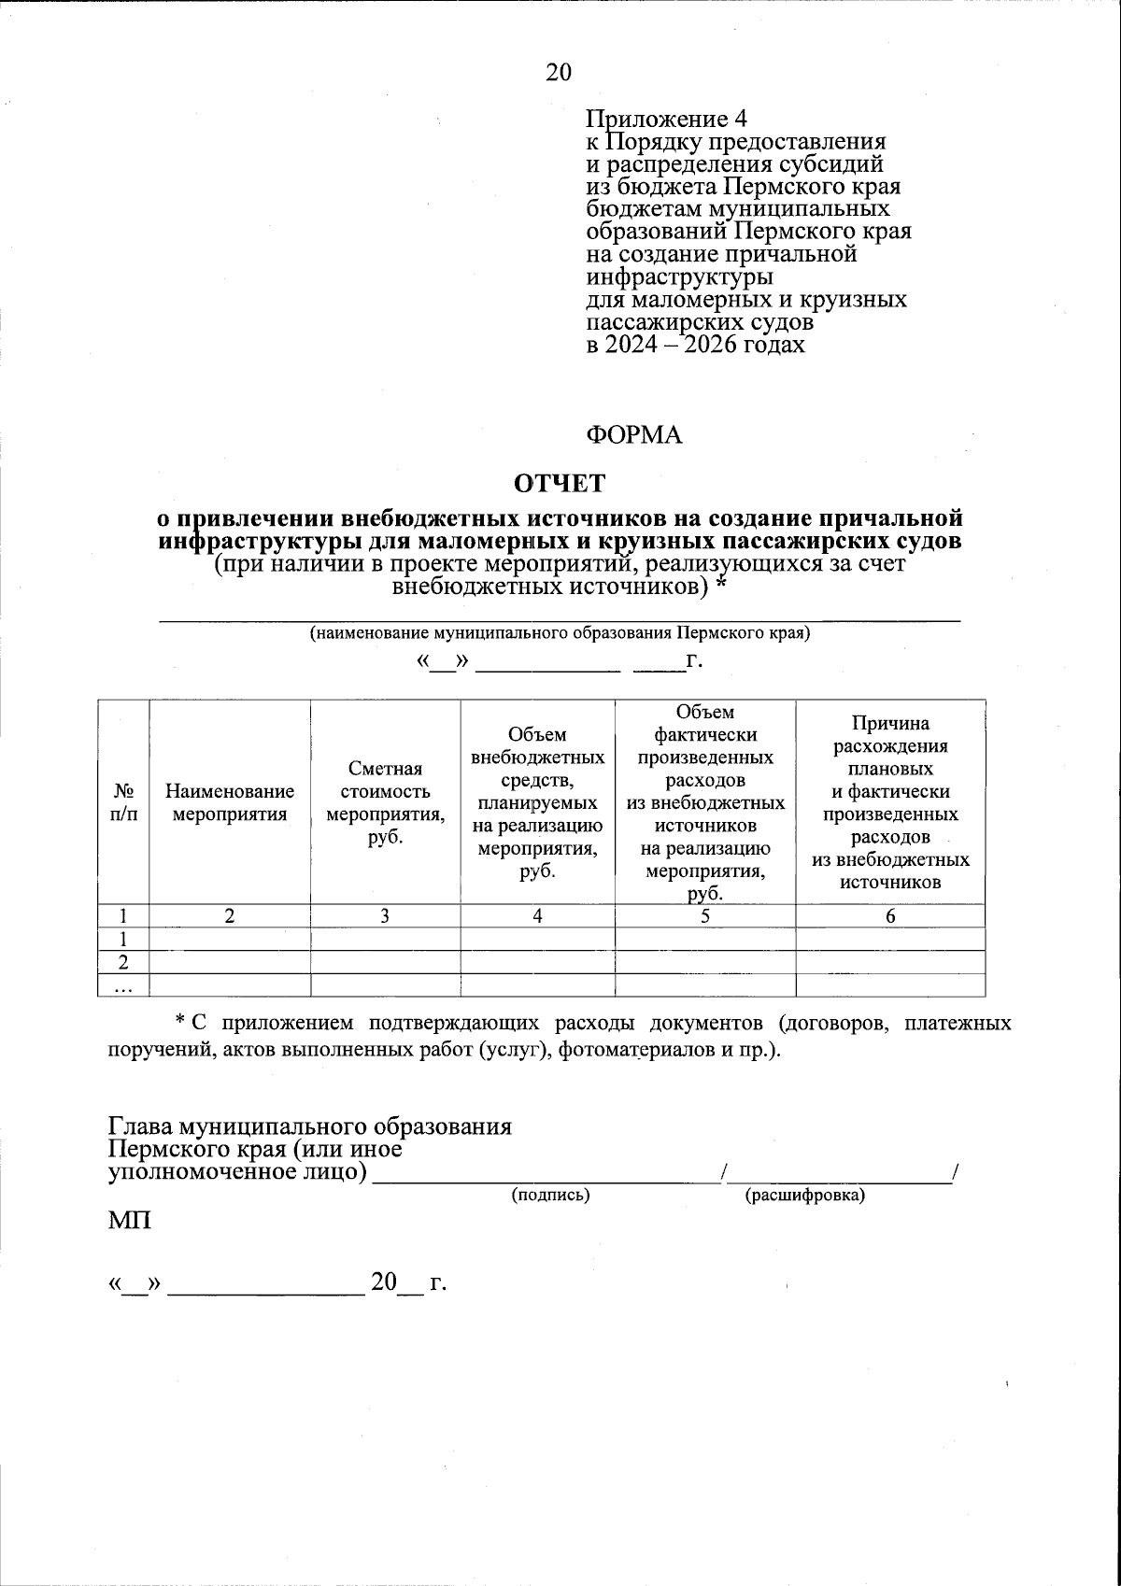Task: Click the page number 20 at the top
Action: [x=559, y=72]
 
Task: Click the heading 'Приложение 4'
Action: [x=667, y=120]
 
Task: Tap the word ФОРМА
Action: [x=634, y=435]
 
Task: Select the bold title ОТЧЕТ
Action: [x=560, y=484]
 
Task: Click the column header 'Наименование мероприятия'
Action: [x=230, y=801]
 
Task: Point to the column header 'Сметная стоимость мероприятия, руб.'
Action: [x=385, y=801]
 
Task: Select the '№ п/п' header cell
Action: [x=123, y=801]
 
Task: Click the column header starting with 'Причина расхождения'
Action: [x=890, y=801]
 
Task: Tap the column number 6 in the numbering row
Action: [x=890, y=916]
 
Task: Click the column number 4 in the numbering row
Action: [x=537, y=916]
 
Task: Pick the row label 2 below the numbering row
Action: [x=122, y=962]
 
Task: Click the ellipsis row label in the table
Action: [x=122, y=985]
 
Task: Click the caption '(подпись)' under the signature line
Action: [x=550, y=1195]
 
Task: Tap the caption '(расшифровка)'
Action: [x=804, y=1195]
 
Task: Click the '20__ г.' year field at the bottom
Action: [x=408, y=1282]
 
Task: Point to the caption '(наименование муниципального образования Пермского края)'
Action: [x=560, y=632]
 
